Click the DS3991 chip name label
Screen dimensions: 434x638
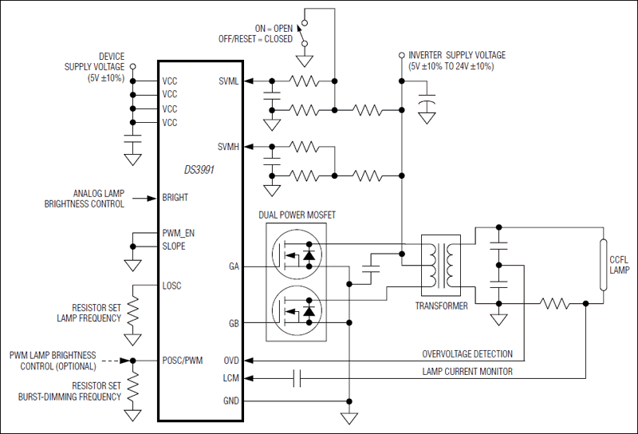tap(199, 171)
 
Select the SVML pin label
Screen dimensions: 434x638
tap(230, 81)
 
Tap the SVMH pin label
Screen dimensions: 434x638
tap(230, 147)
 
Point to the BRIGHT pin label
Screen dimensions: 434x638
tap(175, 198)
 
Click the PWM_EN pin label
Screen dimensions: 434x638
tap(179, 233)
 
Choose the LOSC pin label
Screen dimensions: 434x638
tap(172, 286)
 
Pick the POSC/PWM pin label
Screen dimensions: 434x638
tap(183, 361)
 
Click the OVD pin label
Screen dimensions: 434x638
tap(231, 361)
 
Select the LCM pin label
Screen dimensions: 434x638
tap(231, 379)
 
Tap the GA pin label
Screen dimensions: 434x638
tap(234, 266)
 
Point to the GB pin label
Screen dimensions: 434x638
tap(234, 322)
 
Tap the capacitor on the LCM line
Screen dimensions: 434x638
tap(297, 379)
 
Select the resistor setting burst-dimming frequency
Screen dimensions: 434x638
tap(133, 387)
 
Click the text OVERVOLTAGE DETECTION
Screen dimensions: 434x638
tap(467, 353)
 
